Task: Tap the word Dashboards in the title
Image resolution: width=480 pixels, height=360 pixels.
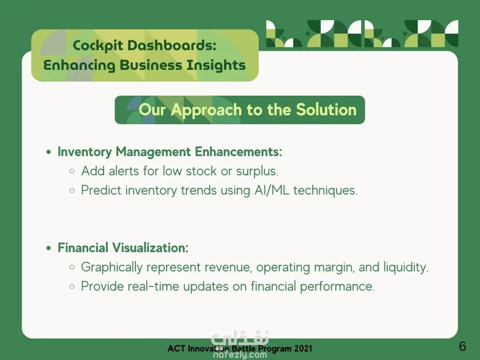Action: click(x=172, y=45)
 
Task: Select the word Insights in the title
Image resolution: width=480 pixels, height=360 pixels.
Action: click(x=216, y=66)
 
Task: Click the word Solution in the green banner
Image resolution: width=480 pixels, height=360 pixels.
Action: click(x=326, y=109)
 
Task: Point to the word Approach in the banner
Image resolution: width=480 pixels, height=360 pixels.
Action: click(x=207, y=110)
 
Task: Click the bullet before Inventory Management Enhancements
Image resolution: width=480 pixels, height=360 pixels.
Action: click(x=48, y=152)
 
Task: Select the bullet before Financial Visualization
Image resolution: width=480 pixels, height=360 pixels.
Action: click(x=48, y=248)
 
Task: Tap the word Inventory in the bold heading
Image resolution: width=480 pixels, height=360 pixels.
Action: click(x=85, y=152)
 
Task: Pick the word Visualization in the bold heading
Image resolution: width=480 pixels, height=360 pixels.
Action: click(x=150, y=247)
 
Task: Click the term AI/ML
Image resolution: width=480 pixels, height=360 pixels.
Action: click(x=272, y=190)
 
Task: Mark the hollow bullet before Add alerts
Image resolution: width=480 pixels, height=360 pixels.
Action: click(x=72, y=171)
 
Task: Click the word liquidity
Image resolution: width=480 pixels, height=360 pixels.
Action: click(x=406, y=267)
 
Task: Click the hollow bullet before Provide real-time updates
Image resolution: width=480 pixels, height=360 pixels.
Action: click(x=72, y=286)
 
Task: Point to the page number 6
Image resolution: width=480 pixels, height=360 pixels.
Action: click(x=463, y=346)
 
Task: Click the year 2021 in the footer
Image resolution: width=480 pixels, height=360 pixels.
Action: click(x=303, y=348)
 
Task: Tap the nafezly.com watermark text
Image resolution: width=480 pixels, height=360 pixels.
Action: click(x=240, y=355)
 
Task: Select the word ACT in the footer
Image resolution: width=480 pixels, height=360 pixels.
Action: click(x=176, y=348)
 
